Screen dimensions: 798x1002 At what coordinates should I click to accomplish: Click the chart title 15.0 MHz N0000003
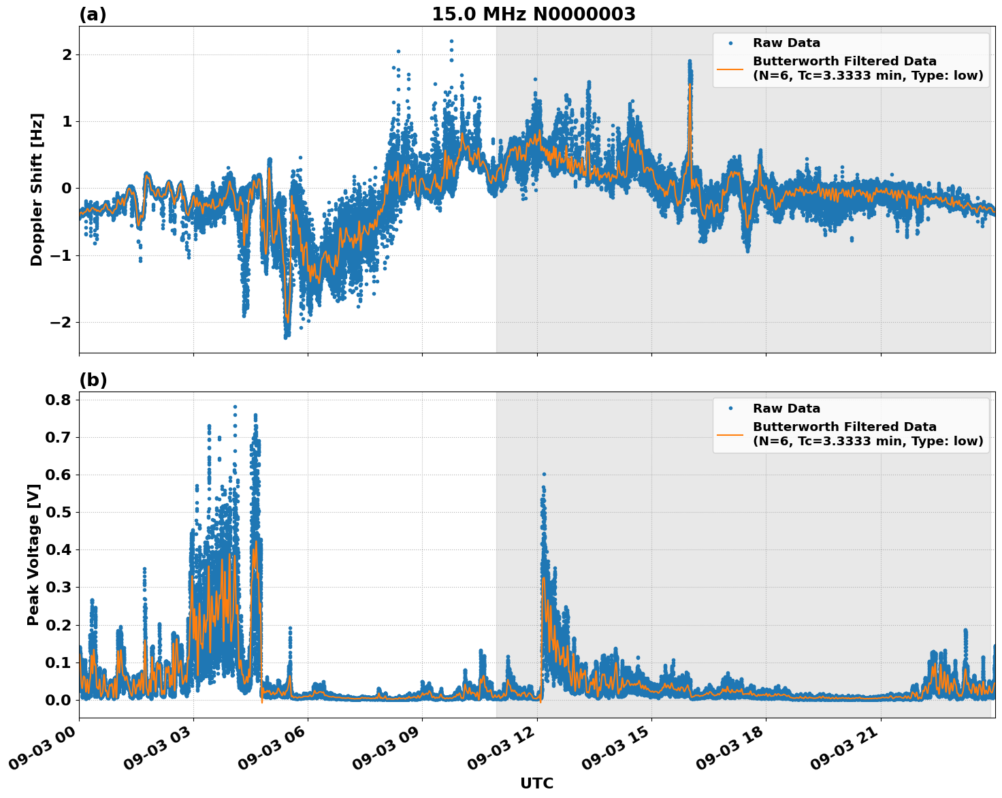533,14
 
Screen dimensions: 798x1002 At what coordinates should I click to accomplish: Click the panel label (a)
93,14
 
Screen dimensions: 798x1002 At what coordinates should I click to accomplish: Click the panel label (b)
93,380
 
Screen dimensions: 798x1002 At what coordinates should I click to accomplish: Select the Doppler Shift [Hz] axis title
37,189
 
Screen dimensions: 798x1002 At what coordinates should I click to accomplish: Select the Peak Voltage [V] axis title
33,554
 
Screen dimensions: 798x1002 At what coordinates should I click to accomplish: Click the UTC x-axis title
536,783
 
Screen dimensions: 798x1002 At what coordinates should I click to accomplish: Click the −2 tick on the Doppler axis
61,322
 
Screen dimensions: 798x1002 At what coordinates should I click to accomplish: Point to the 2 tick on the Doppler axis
67,54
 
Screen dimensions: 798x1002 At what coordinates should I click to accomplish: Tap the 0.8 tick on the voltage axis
59,400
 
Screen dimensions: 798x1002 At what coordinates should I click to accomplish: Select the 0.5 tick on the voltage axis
59,512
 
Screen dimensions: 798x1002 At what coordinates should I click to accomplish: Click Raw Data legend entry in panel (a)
786,43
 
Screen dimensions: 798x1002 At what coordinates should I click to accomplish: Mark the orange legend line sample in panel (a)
730,68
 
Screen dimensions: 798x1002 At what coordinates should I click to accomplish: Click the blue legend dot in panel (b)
730,409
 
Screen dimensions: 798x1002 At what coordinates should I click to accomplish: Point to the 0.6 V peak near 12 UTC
544,474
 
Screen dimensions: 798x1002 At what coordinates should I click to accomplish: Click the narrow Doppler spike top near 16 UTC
690,63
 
